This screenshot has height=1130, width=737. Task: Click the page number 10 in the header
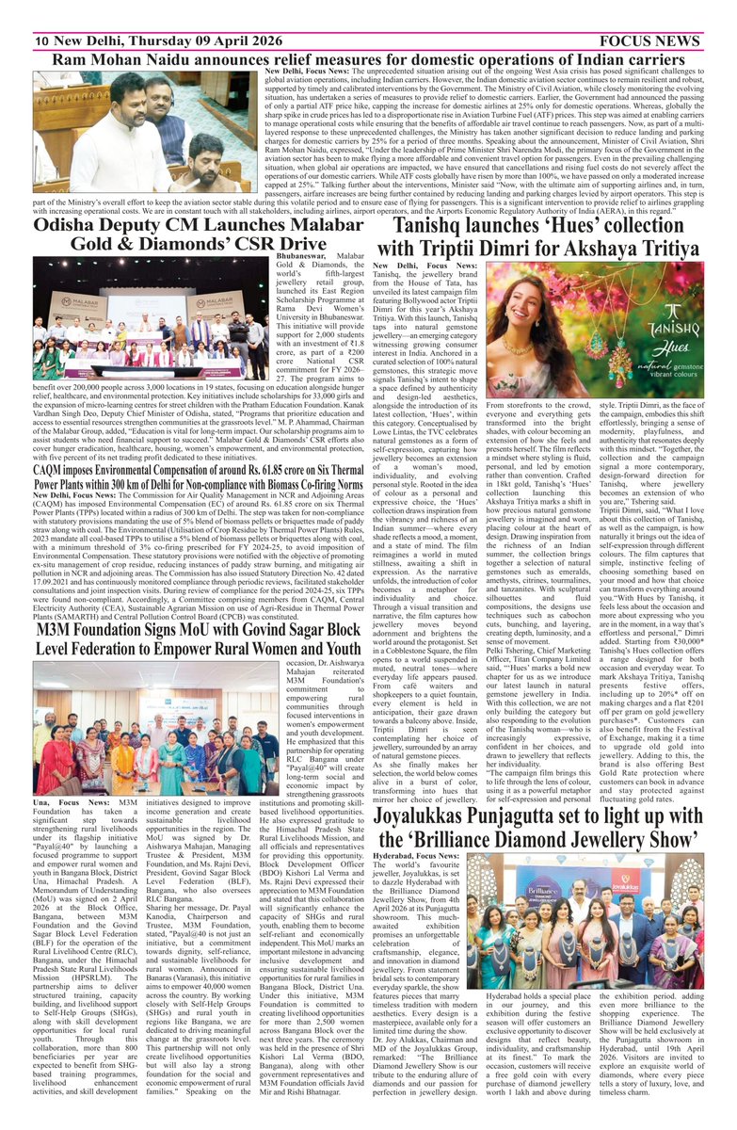[x=41, y=40]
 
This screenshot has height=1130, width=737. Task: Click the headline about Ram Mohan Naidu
[x=368, y=59]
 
